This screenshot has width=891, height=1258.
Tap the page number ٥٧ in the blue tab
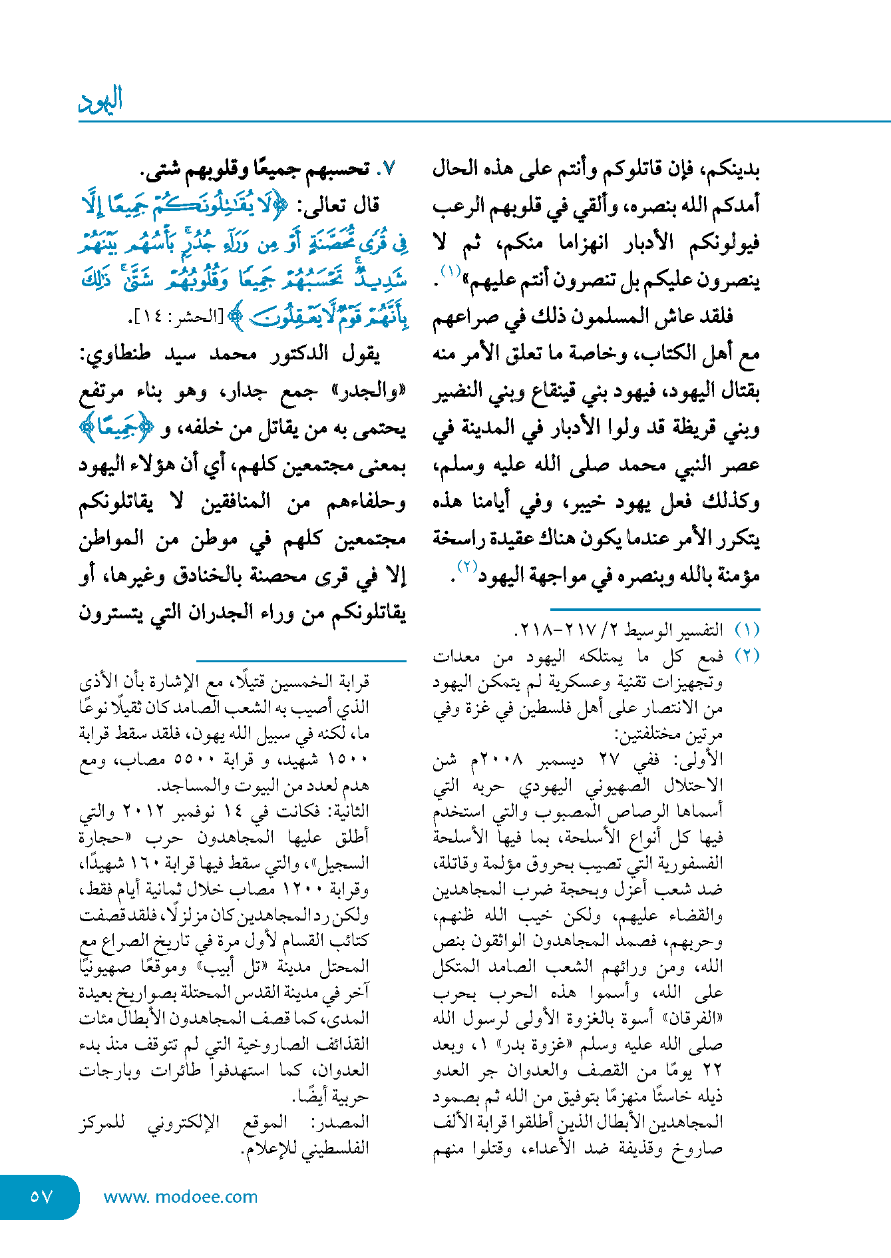pyautogui.click(x=41, y=1196)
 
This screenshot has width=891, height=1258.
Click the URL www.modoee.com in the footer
pyautogui.click(x=180, y=1197)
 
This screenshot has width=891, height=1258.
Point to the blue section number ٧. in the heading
pyautogui.click(x=387, y=168)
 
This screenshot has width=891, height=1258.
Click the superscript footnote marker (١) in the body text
pyautogui.click(x=450, y=272)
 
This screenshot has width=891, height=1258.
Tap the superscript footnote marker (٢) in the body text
pyautogui.click(x=466, y=566)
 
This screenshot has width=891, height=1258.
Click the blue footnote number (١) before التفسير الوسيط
pyautogui.click(x=747, y=630)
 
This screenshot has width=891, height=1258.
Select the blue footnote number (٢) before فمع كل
pyautogui.click(x=747, y=656)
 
